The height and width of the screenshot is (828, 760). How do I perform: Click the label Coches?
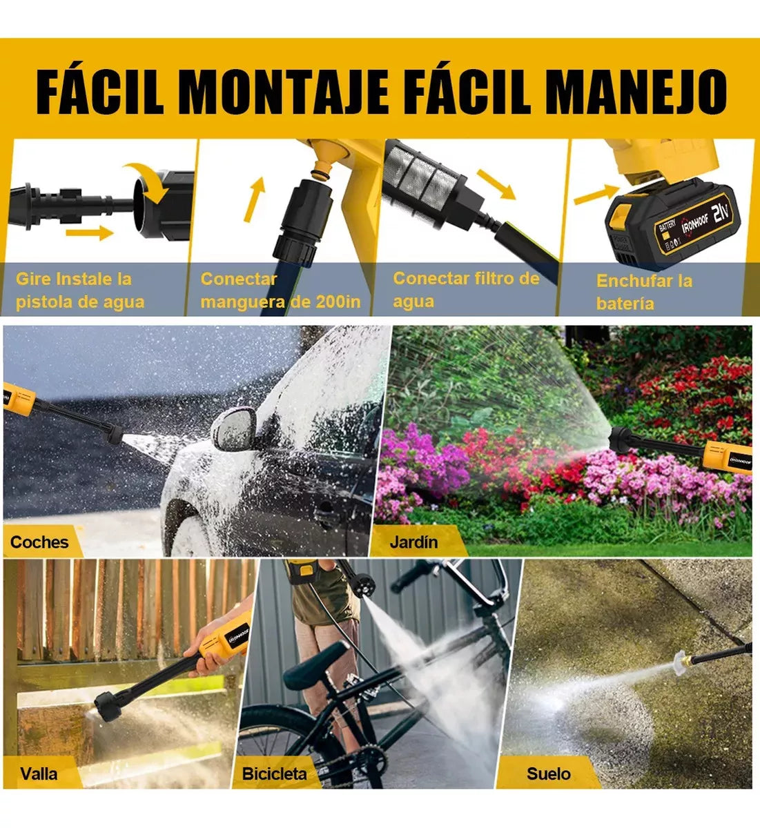[39, 542]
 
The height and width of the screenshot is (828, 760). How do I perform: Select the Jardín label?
[414, 542]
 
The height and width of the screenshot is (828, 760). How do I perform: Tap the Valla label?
[39, 773]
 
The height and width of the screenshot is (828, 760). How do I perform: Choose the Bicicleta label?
[275, 773]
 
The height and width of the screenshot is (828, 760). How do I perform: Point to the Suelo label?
[549, 773]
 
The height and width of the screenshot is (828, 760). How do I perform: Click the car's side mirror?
[234, 429]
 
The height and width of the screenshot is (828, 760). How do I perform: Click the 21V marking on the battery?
[721, 212]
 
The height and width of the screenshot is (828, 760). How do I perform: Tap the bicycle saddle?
[316, 664]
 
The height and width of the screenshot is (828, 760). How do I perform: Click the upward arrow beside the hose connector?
[255, 199]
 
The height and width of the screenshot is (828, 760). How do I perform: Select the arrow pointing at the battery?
[596, 194]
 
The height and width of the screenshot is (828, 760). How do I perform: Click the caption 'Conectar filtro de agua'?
[467, 290]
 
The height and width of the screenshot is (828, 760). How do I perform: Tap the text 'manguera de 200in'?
[280, 302]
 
